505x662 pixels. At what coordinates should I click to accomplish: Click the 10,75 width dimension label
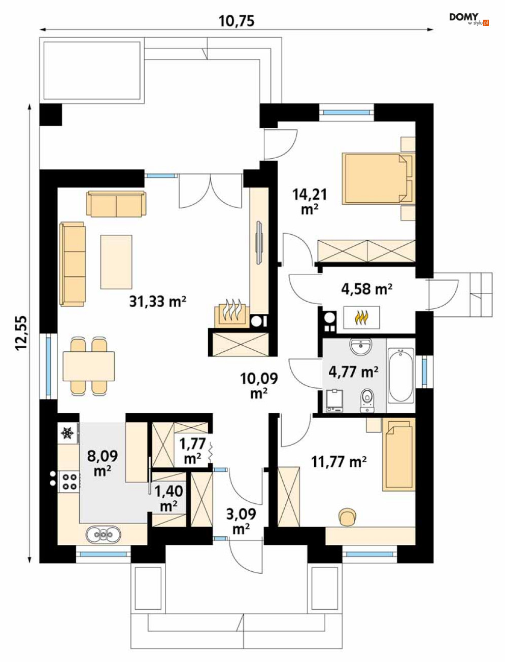pos(237,21)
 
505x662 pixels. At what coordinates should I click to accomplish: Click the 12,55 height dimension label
pos(21,333)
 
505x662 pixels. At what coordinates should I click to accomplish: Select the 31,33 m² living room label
pos(157,301)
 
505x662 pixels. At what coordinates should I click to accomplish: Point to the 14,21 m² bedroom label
pos(310,201)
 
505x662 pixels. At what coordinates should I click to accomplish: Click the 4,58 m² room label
pos(366,288)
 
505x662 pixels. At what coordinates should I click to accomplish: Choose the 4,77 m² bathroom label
pos(353,372)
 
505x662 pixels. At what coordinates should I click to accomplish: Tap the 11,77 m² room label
pos(339,462)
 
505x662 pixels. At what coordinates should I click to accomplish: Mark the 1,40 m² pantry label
pos(169,498)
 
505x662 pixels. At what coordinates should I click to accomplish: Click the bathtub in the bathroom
pos(400,376)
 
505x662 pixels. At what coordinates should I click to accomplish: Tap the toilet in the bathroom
pos(367,400)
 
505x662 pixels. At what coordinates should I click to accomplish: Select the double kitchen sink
pos(103,534)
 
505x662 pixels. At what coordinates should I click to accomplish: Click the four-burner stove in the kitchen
pos(69,482)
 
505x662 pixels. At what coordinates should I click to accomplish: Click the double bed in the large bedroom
pos(377,178)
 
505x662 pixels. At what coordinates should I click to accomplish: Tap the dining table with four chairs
pos(88,366)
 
